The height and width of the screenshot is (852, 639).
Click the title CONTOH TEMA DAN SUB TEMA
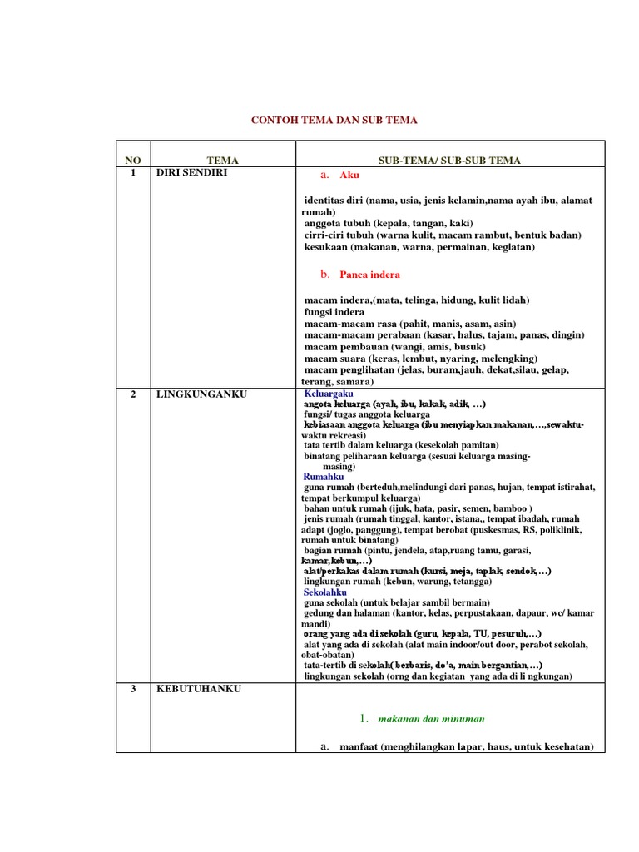pyautogui.click(x=334, y=121)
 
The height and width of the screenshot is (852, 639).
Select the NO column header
pyautogui.click(x=133, y=160)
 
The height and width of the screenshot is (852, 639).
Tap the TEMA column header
pyautogui.click(x=222, y=160)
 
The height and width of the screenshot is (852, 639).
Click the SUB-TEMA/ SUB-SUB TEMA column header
pyautogui.click(x=449, y=160)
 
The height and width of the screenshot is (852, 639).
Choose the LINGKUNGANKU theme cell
pyautogui.click(x=201, y=394)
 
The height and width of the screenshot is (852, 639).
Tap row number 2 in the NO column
pyautogui.click(x=133, y=394)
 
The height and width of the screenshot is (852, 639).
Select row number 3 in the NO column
pyautogui.click(x=133, y=689)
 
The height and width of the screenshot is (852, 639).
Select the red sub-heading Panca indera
pyautogui.click(x=369, y=274)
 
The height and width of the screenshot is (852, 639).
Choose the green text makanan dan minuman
pyautogui.click(x=431, y=718)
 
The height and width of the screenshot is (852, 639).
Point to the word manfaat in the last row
pyautogui.click(x=359, y=747)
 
